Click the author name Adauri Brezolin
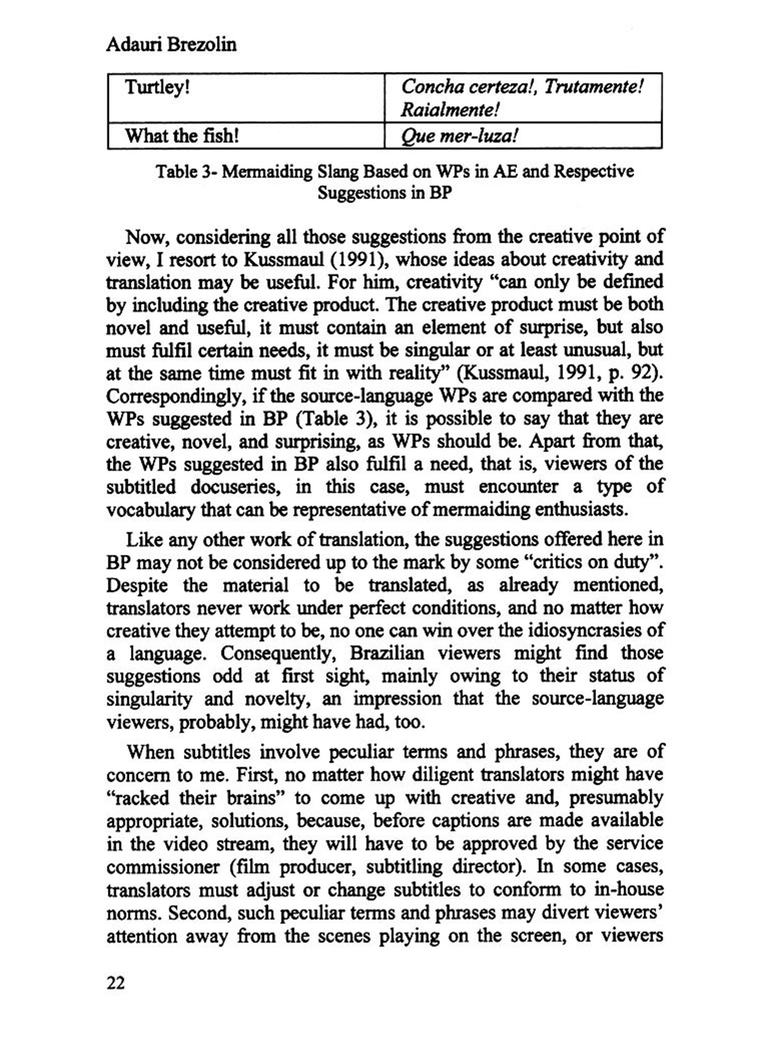171,45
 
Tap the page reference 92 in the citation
645,373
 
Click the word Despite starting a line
137,585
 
